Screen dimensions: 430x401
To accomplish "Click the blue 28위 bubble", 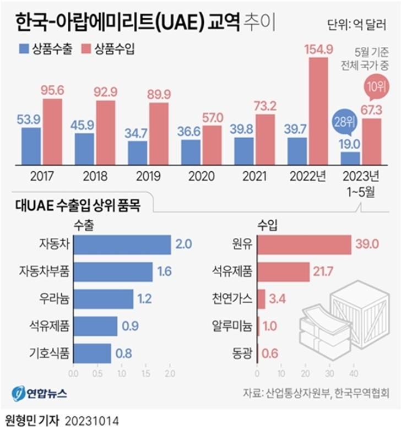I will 345,121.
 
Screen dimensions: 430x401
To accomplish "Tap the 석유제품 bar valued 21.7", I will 284,271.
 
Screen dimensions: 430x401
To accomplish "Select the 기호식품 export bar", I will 92,353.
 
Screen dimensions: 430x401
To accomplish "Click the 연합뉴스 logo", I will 40,393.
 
